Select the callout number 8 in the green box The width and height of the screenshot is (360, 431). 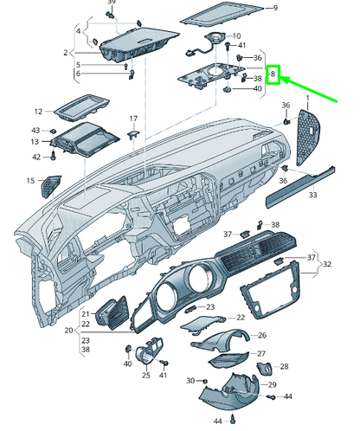pos(273,75)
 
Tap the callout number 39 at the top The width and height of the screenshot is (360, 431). pos(111,3)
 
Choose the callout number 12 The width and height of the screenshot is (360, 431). pos(38,112)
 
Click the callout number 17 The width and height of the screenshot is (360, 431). pos(134,118)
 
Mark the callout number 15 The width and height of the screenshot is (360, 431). pos(30,181)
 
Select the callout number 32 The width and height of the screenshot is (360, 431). pos(327,263)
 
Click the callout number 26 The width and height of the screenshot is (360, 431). pos(263,335)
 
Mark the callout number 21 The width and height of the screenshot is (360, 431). pos(86,313)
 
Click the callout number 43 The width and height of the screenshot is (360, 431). pos(35,130)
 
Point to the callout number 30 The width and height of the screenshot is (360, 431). pos(190,381)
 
